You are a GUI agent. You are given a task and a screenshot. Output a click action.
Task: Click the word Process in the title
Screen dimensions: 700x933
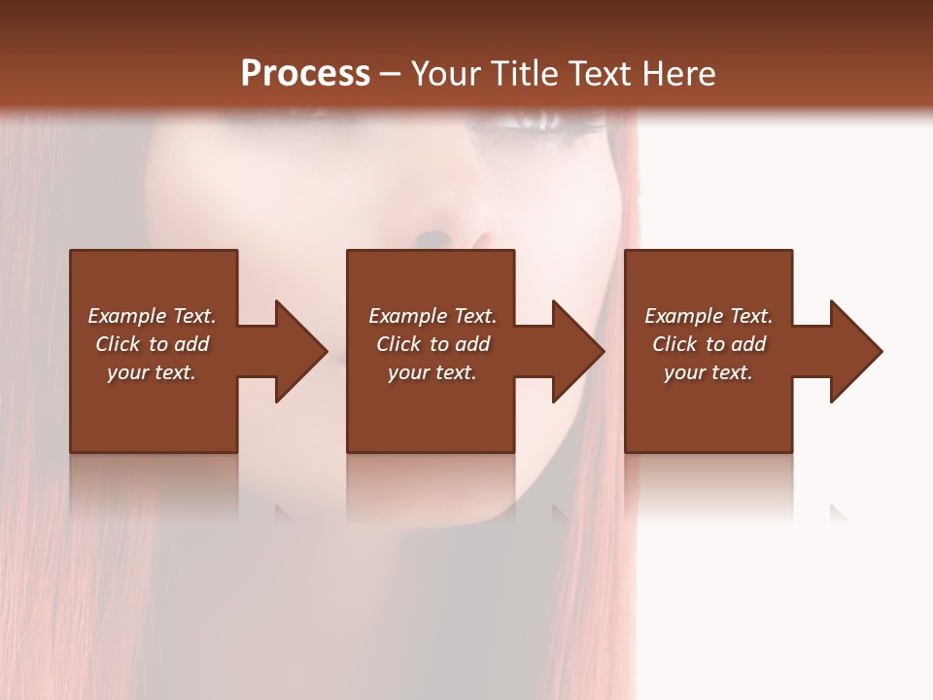(x=305, y=74)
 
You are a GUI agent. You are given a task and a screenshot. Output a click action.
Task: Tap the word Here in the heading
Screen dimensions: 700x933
(x=679, y=74)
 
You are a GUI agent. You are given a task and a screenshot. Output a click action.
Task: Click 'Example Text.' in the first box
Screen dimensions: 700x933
(x=152, y=316)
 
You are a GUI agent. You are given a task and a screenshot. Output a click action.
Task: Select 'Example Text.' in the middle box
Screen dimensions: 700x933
(x=432, y=316)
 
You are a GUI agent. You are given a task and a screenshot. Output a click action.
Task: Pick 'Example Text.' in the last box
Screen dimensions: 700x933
(x=708, y=316)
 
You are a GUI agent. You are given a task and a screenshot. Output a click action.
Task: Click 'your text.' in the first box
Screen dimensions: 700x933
(x=152, y=372)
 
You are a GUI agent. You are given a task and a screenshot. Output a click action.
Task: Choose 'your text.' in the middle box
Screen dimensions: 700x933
(x=432, y=372)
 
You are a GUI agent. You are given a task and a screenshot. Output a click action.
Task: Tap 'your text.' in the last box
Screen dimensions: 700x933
(x=708, y=372)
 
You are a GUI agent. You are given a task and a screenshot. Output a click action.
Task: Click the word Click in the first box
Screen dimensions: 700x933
(x=119, y=344)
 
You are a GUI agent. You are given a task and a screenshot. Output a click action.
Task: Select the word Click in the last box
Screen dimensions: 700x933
(x=675, y=344)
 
